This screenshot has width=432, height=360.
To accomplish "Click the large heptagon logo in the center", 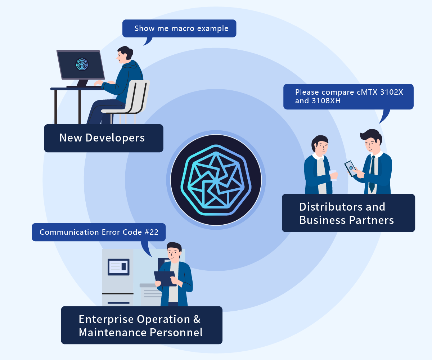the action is coord(216,180).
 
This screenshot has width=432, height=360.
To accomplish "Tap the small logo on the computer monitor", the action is coord(82,64).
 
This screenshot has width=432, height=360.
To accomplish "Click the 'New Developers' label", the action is coord(104,138).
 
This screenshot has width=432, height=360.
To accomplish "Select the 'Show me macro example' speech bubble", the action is coord(179,28).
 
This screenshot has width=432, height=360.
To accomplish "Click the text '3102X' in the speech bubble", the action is coord(392,92).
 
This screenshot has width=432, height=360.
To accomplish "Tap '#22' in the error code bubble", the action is coord(152,232).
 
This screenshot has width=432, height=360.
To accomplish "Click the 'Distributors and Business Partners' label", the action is coord(348,213).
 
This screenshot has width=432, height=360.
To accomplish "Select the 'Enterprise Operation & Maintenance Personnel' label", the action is coord(142,325).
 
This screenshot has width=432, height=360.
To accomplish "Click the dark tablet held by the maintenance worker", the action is coord(165,279).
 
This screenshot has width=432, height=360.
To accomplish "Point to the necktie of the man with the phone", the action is coord(372,174).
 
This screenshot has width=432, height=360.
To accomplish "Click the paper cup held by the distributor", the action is coord(333,175).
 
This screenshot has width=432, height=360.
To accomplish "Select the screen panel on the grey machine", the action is coord(118,267).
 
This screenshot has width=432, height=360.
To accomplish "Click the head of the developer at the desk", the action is coord(125,55).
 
